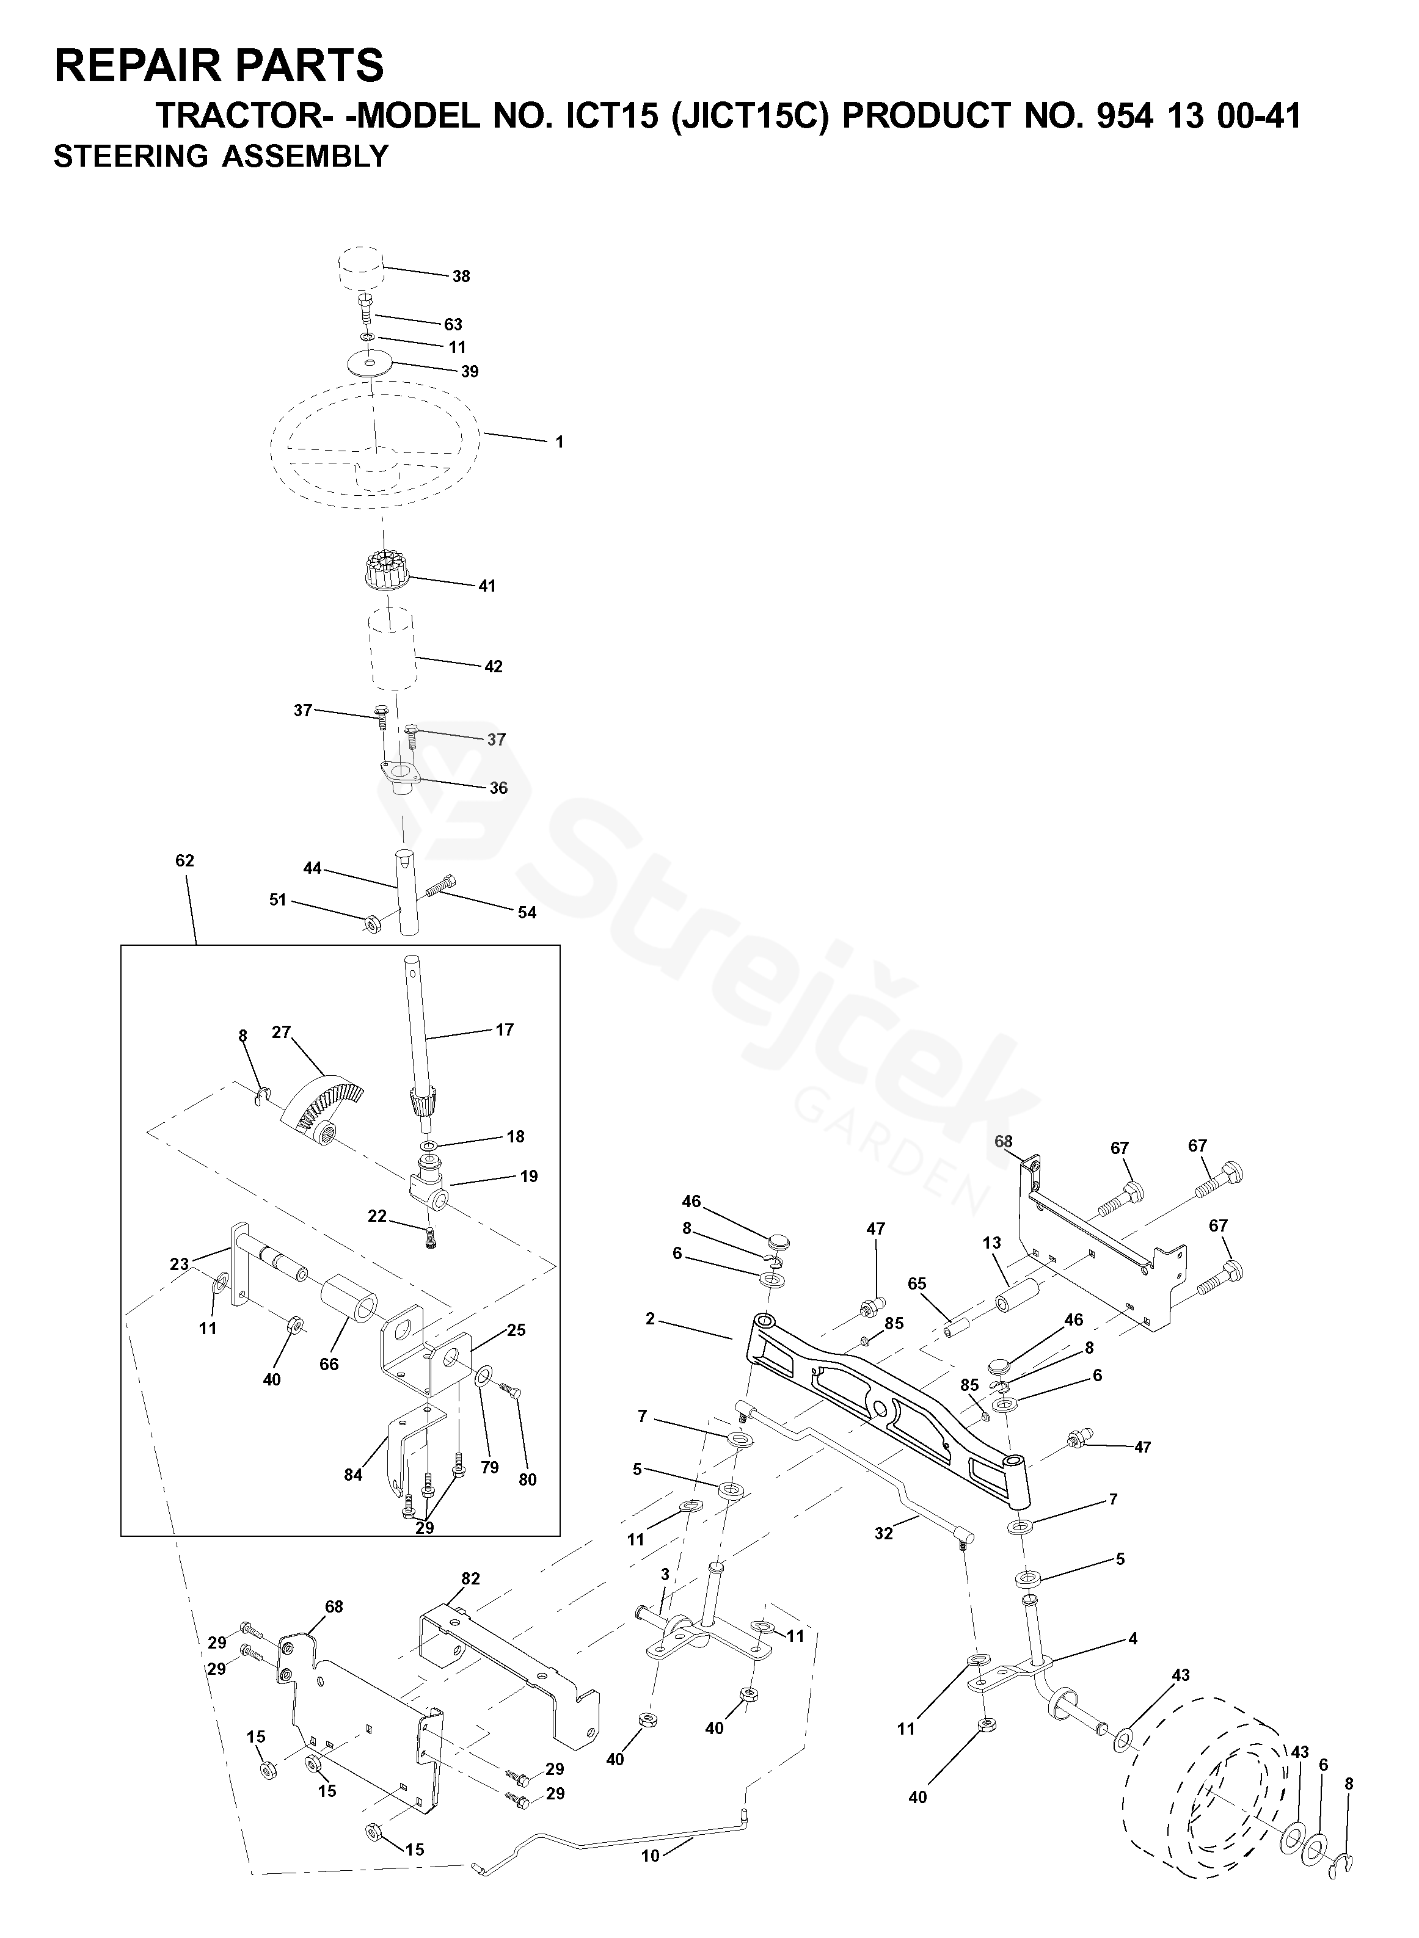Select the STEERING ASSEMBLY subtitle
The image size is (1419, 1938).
[x=221, y=156]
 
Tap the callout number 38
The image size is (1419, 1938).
[x=461, y=277]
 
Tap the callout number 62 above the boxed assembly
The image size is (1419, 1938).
[x=184, y=860]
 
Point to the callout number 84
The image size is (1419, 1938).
[x=353, y=1475]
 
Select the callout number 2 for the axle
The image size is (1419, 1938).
[x=650, y=1319]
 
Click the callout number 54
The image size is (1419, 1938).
[x=527, y=913]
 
